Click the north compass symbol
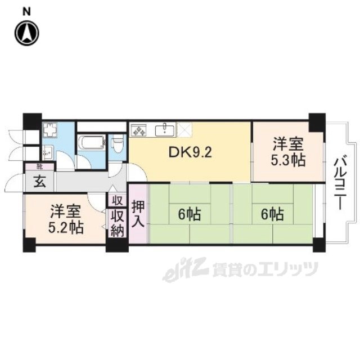click(x=26, y=33)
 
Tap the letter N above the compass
click(x=26, y=10)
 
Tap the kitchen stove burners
click(x=139, y=130)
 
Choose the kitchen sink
click(x=165, y=129)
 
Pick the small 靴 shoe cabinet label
click(x=39, y=167)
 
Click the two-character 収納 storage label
click(x=116, y=223)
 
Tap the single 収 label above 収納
click(x=116, y=200)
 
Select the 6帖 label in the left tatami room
click(x=190, y=214)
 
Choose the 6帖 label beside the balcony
click(x=272, y=214)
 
